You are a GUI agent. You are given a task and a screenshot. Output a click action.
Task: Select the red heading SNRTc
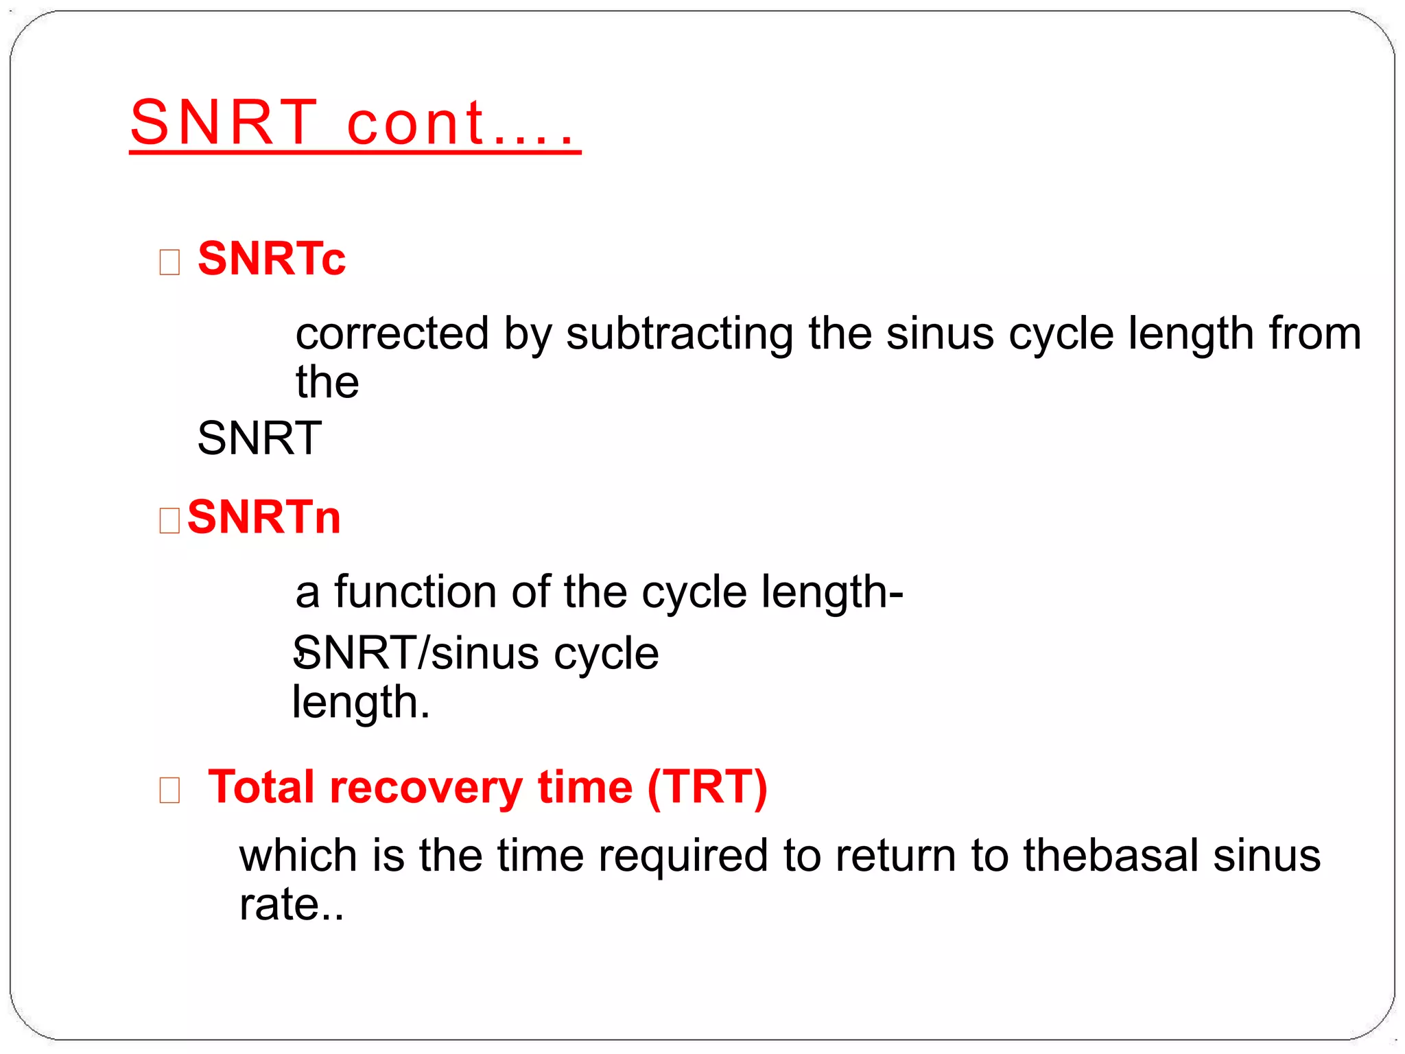point(272,259)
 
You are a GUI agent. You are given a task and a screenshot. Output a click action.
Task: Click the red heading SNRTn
point(264,517)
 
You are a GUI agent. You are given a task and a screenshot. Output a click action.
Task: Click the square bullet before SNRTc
point(169,262)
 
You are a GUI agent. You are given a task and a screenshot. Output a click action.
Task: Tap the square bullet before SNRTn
point(169,520)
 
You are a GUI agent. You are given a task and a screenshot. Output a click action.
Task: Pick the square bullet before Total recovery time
point(169,790)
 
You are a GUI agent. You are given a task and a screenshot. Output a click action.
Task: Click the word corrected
point(392,334)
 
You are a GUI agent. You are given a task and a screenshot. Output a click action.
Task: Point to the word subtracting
point(678,334)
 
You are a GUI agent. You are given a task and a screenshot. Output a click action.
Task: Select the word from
point(1314,334)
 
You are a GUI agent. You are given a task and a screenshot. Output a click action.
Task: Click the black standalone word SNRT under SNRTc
point(259,438)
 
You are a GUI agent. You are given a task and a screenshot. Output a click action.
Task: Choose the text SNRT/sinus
point(417,653)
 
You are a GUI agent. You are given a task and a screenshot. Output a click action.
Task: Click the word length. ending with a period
point(361,703)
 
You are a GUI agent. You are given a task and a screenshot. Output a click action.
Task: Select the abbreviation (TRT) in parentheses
point(707,787)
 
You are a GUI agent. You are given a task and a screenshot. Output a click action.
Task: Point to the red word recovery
point(426,787)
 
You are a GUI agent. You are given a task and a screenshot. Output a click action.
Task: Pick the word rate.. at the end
point(291,904)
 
